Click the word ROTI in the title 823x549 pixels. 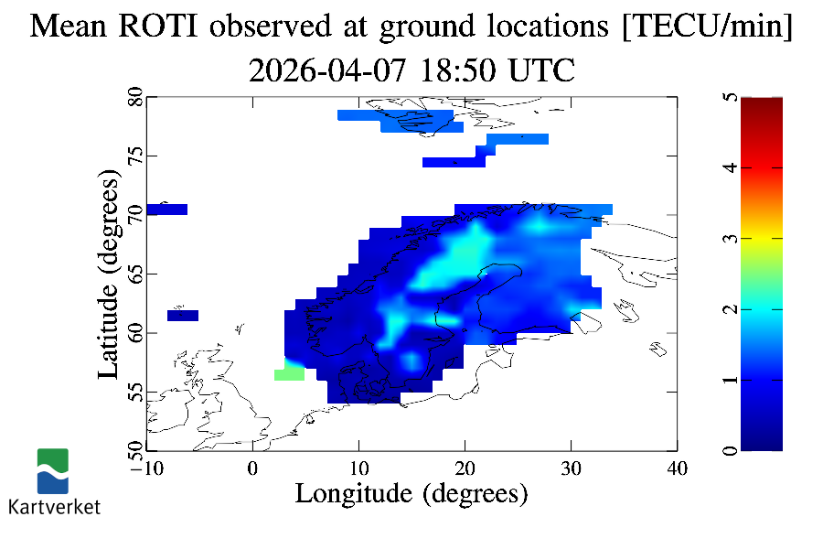(x=165, y=27)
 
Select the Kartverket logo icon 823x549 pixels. (x=53, y=471)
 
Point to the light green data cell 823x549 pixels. (x=289, y=374)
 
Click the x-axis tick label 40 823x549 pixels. (x=677, y=468)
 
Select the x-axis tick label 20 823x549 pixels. (x=465, y=468)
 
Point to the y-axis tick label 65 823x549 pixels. (x=134, y=274)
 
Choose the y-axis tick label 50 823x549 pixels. (x=134, y=450)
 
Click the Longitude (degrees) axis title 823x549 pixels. (x=411, y=494)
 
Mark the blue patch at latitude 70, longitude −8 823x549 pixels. (x=167, y=210)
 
